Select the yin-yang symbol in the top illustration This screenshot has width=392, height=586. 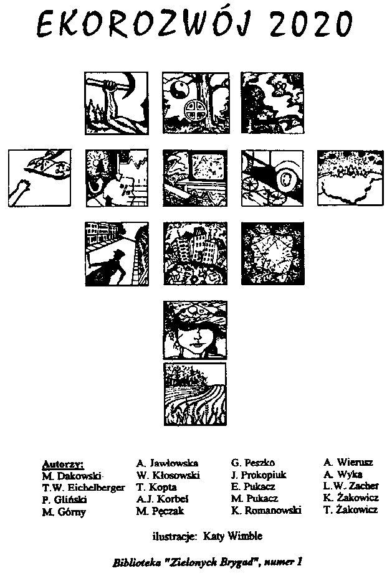click(x=177, y=89)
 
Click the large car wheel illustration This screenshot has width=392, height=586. click(x=286, y=179)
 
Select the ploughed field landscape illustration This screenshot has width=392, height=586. click(x=195, y=394)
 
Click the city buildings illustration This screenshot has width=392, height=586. click(x=195, y=253)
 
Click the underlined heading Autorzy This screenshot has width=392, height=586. click(x=63, y=464)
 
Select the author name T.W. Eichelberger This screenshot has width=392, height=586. click(x=84, y=488)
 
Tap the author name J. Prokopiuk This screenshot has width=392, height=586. click(x=259, y=475)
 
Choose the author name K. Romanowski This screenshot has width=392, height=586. click(x=266, y=510)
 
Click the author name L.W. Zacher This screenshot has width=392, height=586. click(x=351, y=486)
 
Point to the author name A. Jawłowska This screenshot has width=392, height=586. click(x=167, y=463)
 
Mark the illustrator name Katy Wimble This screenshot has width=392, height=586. click(x=232, y=536)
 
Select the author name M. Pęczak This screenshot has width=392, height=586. click(x=160, y=511)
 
